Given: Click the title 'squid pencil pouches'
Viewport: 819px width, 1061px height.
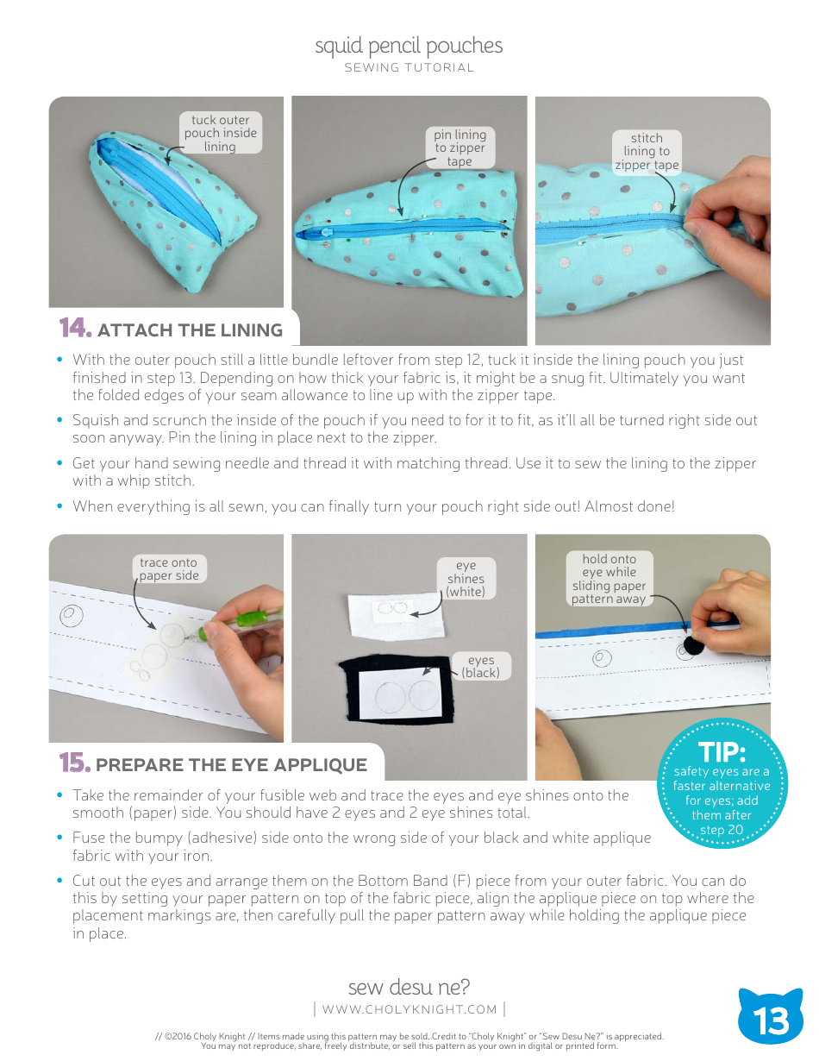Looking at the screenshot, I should click(409, 46).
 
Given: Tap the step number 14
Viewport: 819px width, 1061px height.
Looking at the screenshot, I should click(75, 329).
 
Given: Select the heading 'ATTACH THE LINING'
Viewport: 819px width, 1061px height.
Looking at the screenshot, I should click(190, 330).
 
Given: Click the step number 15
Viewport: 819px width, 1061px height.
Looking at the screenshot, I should click(75, 763).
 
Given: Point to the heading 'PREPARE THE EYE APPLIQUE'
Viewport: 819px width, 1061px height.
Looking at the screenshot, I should click(231, 765).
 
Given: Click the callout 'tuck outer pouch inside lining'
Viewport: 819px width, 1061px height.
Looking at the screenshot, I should click(220, 134).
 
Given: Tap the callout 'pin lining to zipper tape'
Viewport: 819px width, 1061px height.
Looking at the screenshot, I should click(460, 148).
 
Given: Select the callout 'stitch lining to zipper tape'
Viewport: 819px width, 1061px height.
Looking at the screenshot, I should click(647, 152).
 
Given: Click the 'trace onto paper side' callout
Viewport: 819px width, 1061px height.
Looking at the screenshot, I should click(169, 569).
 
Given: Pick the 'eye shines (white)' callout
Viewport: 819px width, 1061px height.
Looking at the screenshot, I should click(466, 579).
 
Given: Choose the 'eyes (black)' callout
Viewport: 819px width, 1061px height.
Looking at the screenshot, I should click(480, 666).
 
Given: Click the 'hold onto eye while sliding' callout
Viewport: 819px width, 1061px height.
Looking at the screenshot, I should click(609, 579).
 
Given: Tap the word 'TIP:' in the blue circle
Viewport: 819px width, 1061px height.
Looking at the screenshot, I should click(722, 751).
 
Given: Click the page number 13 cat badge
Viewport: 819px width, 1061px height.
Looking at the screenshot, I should click(770, 1018).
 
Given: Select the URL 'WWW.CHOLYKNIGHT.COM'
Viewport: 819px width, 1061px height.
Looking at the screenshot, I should click(409, 1009).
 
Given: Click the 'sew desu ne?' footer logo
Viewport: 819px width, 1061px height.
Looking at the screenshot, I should click(409, 987).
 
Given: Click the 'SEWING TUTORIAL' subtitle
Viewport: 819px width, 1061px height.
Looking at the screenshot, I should click(409, 68).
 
